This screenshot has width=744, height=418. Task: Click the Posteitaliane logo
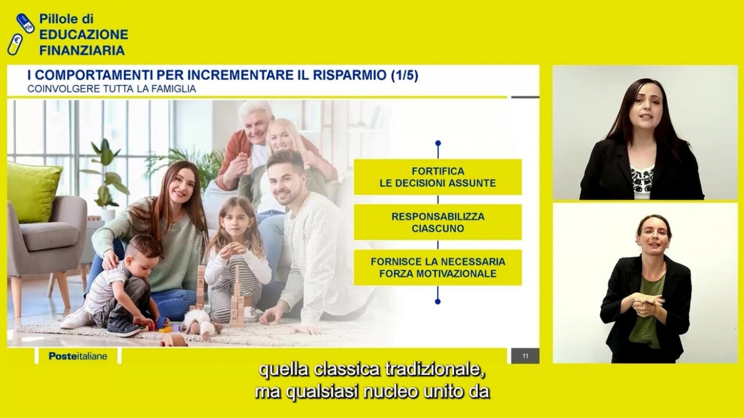click(78, 356)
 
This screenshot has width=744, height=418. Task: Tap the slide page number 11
click(525, 356)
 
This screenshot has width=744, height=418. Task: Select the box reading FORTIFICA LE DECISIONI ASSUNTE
click(438, 177)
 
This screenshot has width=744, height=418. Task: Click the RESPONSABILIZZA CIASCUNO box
click(438, 222)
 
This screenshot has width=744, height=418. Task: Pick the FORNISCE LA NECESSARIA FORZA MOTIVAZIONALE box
click(438, 268)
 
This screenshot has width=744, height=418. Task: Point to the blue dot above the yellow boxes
click(438, 143)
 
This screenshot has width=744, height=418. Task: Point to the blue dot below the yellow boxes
click(438, 301)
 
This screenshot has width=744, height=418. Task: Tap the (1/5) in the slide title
click(404, 75)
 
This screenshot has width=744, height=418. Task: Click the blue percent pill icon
click(25, 23)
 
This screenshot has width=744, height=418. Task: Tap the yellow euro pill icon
click(16, 44)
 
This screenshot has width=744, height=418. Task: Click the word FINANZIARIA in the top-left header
click(82, 50)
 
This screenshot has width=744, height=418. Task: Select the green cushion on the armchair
click(33, 192)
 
